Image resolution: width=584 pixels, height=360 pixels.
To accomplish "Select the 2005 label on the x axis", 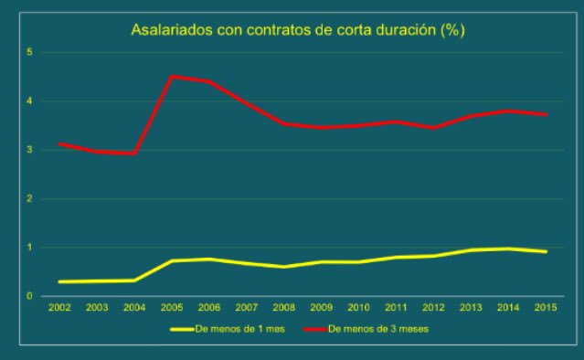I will (x=171, y=308).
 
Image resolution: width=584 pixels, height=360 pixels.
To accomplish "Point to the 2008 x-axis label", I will (x=283, y=308).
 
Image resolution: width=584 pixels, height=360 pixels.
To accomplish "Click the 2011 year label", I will (x=396, y=308).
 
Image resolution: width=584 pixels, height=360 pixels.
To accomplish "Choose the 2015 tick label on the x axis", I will (x=546, y=308).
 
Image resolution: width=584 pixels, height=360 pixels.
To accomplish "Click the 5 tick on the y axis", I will (x=30, y=52).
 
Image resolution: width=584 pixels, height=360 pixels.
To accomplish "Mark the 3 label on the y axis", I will (x=30, y=150).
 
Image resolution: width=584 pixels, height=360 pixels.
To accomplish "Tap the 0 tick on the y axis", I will (x=30, y=296).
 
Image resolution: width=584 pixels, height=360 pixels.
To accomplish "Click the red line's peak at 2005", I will (x=171, y=77).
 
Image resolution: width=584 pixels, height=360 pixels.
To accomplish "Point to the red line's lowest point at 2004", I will (x=134, y=154).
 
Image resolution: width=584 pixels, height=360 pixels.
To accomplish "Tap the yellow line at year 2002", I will (x=59, y=281).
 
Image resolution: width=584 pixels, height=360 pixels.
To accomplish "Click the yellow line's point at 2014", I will (x=508, y=249).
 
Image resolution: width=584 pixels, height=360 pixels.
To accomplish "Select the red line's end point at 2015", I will (x=546, y=114).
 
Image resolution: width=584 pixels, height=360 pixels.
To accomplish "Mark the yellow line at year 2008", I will (x=283, y=267).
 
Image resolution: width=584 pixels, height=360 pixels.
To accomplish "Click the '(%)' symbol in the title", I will (x=452, y=31).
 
